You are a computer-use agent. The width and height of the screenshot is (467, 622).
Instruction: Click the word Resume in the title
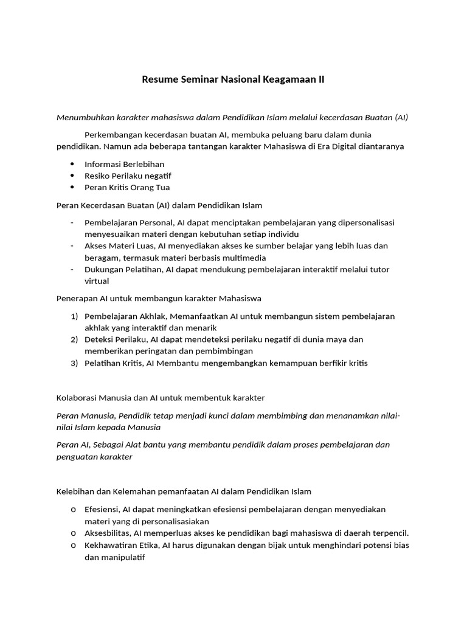pyautogui.click(x=160, y=80)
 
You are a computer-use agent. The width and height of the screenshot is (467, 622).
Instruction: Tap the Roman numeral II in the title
pyautogui.click(x=321, y=80)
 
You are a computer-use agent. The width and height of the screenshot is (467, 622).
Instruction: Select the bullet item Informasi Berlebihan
pyautogui.click(x=124, y=164)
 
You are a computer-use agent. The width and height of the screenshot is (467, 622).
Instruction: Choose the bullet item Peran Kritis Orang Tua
pyautogui.click(x=127, y=187)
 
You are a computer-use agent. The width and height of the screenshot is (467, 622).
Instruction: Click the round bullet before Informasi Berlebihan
pyautogui.click(x=72, y=164)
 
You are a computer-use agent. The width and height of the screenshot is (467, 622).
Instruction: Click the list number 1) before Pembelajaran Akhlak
pyautogui.click(x=75, y=316)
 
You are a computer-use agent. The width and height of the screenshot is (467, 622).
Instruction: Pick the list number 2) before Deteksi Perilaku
pyautogui.click(x=75, y=340)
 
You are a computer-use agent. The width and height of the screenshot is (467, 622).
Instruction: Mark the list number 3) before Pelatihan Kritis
pyautogui.click(x=75, y=363)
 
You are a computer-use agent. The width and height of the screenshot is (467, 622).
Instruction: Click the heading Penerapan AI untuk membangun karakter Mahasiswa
pyautogui.click(x=159, y=298)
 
